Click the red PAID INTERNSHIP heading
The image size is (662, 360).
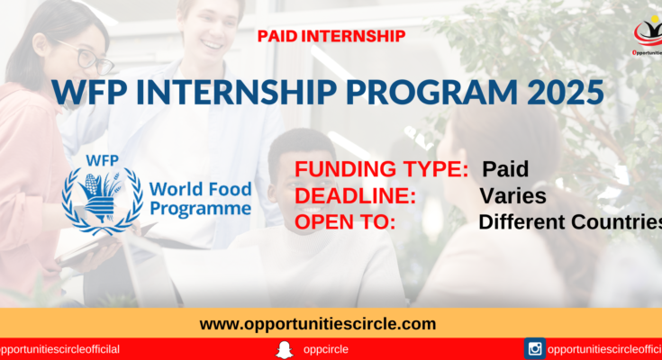[331, 36]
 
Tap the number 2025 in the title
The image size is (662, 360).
[566, 92]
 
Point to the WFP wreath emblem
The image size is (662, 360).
[102, 202]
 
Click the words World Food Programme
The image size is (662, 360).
[201, 199]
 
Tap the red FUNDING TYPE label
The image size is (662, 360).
[381, 169]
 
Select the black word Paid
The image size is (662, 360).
[505, 169]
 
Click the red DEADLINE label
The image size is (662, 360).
[355, 196]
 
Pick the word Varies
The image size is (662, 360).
[513, 196]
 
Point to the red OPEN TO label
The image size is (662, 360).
[345, 222]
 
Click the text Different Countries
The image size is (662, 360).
[570, 222]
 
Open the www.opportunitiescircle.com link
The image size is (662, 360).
[317, 324]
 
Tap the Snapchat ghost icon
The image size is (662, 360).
[285, 349]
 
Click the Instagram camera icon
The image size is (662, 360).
[535, 348]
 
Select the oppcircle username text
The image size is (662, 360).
[325, 349]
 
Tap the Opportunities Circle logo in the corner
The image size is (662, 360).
[648, 36]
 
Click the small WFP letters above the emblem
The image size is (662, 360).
[102, 161]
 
